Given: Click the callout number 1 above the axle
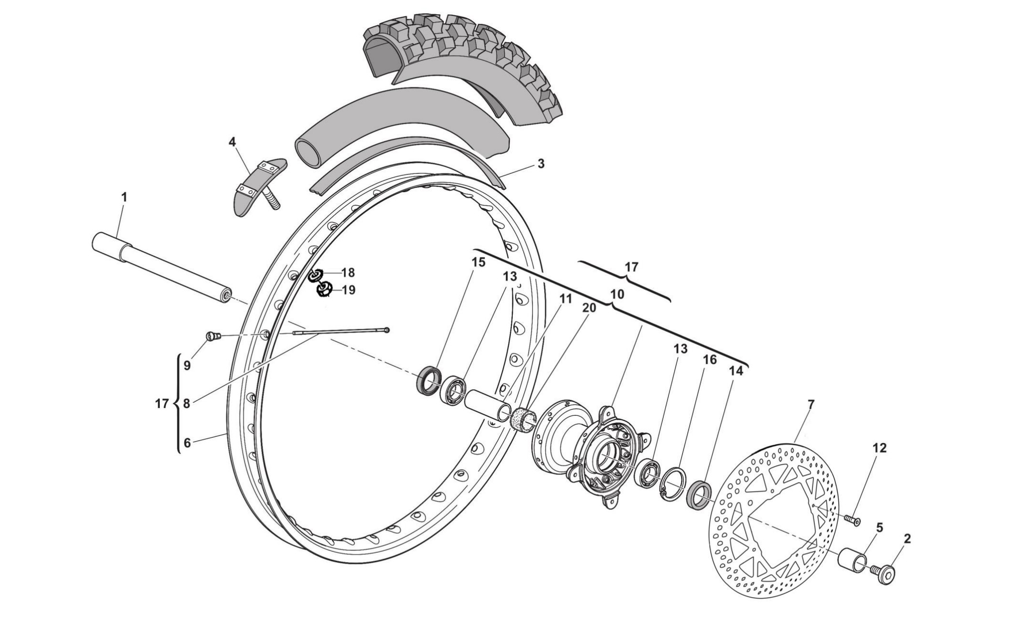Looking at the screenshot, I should click(124, 196).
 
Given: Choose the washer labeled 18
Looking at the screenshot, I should click(316, 275).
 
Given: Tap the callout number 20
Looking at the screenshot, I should click(589, 308).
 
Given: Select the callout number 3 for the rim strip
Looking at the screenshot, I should click(540, 163).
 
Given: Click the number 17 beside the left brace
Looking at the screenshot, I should click(162, 404).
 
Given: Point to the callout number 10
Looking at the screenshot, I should click(617, 294).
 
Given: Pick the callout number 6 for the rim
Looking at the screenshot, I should click(187, 443).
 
